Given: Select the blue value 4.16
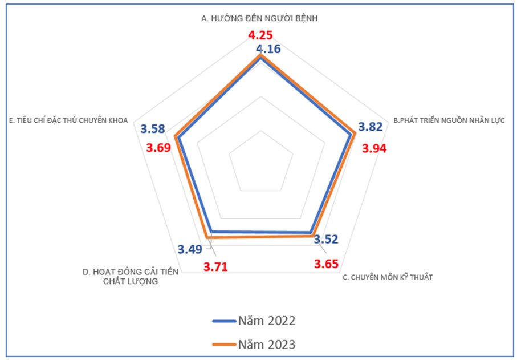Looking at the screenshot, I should point(268,49).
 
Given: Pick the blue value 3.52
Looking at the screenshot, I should point(326,239).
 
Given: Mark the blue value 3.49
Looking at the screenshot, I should point(189,249).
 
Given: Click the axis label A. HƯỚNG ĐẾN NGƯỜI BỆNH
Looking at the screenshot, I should point(259,18).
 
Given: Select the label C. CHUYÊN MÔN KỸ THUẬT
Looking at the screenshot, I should point(388,277).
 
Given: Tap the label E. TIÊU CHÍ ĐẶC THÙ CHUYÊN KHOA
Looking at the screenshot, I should point(68,120).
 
